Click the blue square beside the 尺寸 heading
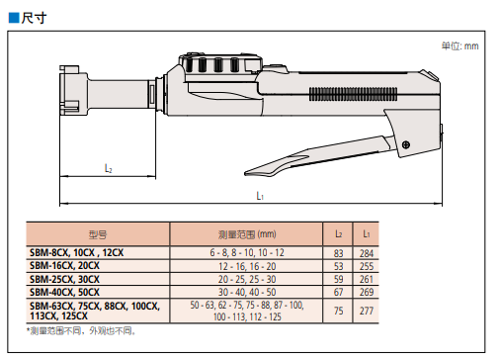point(14,18)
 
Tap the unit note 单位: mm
point(459,45)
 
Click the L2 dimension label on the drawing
point(109,168)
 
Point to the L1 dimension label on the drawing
point(260,196)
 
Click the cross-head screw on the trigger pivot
point(406,144)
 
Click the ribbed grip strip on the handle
point(353,94)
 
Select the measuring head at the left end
point(73,90)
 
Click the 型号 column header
point(98,234)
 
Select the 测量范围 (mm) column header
point(247,234)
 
